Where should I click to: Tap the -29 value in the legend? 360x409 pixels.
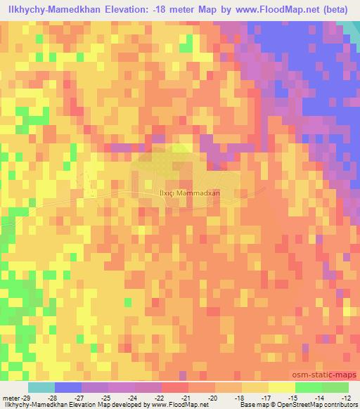(x=27, y=379)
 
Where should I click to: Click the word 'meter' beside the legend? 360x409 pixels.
(x=11, y=379)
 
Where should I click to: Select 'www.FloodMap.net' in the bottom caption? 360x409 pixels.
(x=161, y=404)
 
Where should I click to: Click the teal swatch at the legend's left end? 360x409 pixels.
(x=41, y=388)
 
